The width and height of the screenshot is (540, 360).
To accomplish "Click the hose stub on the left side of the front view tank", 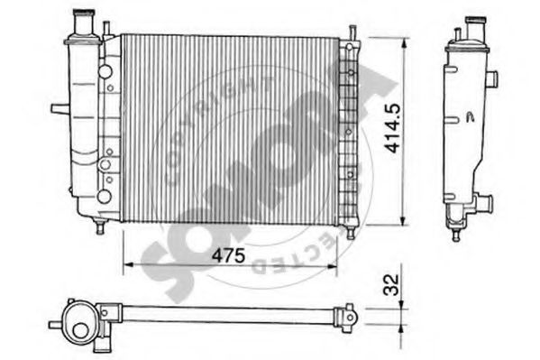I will pyautogui.click(x=59, y=109).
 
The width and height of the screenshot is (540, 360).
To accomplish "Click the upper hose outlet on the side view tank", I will pyautogui.click(x=494, y=78).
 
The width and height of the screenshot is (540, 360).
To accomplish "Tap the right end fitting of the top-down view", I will pyautogui.click(x=346, y=315).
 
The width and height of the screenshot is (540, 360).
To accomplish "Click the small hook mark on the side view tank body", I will pyautogui.click(x=471, y=115).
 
